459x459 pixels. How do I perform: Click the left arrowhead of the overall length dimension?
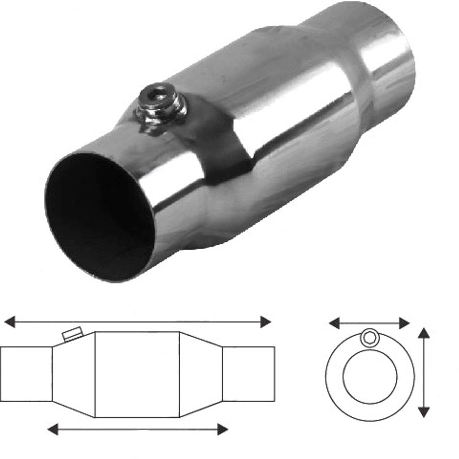[x=9, y=322]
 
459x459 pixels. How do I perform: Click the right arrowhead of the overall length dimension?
[x=265, y=322]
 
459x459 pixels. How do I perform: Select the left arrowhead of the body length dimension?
[x=53, y=429]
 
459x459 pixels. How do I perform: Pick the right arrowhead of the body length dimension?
[x=222, y=429]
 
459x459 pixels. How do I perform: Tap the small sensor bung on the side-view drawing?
[x=72, y=334]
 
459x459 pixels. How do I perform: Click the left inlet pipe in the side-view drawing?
[x=26, y=374]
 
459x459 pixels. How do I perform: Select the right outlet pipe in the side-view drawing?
[x=248, y=374]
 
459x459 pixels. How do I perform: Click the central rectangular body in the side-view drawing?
[x=137, y=374]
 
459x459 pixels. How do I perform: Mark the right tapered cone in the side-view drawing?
[x=201, y=374]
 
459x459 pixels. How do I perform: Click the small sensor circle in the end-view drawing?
[x=370, y=337]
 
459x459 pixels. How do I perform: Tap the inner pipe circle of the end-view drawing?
[x=370, y=377]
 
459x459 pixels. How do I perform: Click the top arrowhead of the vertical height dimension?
[x=424, y=333]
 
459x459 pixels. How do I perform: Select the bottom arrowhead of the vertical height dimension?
[x=424, y=412]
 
